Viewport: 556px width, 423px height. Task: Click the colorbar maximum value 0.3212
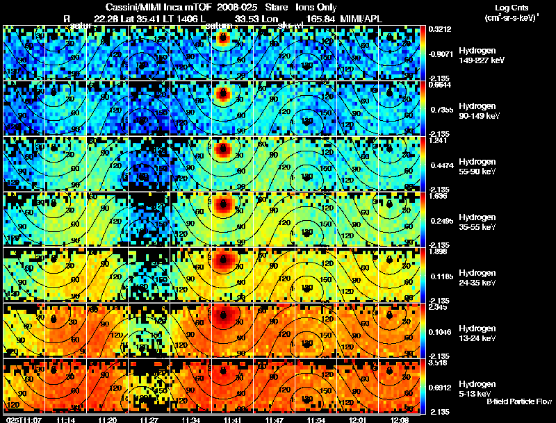[x=439, y=30]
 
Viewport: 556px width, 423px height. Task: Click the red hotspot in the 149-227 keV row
[x=222, y=39]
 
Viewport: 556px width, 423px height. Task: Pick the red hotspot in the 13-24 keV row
[x=223, y=316]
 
